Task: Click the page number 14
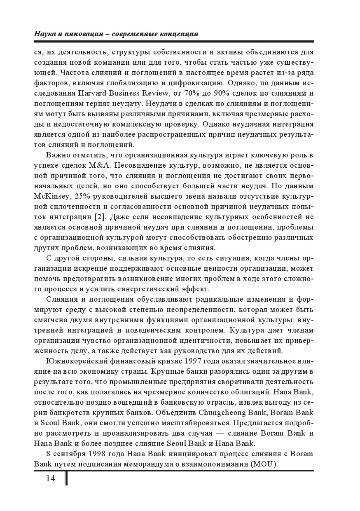click(x=50, y=478)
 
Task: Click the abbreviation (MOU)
click(x=264, y=464)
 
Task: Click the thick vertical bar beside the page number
click(x=66, y=478)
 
